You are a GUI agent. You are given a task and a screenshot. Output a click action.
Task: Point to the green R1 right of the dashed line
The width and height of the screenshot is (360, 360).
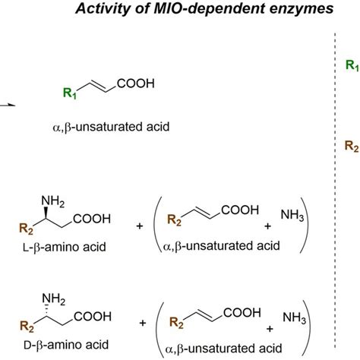point(352,67)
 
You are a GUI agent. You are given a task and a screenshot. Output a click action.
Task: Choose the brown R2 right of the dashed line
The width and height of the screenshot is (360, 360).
point(352,145)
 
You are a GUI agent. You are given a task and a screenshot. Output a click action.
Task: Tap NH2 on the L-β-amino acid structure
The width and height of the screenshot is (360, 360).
point(51,201)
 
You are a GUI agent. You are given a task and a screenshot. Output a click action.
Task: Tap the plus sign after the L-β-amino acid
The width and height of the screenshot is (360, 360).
point(140,226)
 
